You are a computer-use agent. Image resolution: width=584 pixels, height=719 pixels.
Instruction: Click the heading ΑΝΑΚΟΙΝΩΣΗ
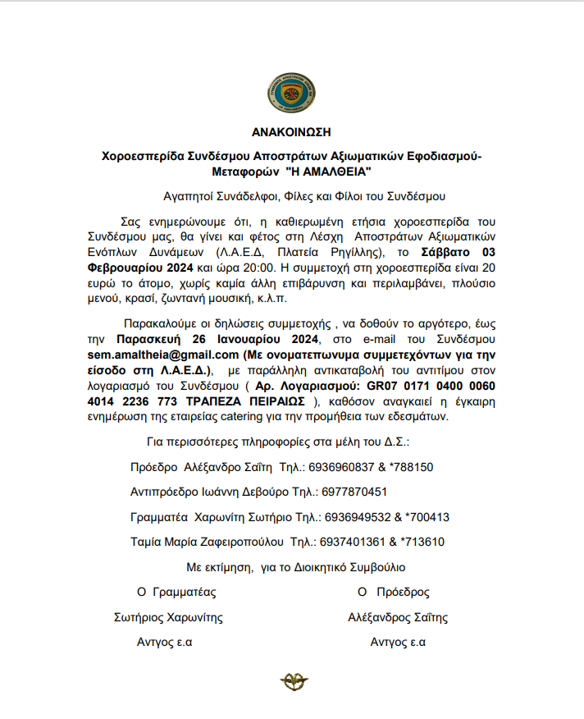(292, 131)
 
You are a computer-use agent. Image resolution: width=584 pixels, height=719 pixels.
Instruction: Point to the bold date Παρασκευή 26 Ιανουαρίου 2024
(217, 339)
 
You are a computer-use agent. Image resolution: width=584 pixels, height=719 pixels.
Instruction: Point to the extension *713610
(422, 542)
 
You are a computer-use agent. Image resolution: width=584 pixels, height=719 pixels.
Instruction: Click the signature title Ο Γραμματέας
(176, 592)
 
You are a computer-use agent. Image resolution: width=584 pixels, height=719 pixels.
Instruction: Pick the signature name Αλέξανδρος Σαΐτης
(398, 617)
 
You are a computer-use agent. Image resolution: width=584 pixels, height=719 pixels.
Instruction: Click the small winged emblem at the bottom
(292, 680)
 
